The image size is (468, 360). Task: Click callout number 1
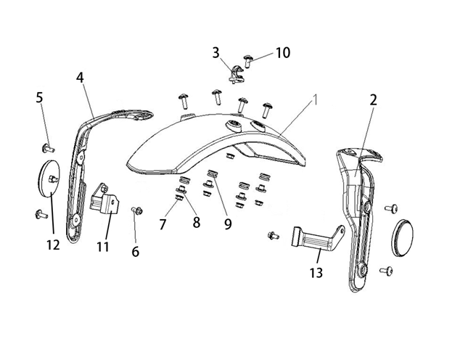316,101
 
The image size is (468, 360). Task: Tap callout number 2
373,101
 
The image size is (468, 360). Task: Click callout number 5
39,97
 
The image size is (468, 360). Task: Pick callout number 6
135,252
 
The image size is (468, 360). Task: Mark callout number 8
196,222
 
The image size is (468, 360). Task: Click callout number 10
282,52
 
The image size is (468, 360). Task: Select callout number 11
102,246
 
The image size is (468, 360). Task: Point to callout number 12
52,245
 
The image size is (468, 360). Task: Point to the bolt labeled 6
135,210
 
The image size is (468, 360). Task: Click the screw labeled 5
49,149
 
